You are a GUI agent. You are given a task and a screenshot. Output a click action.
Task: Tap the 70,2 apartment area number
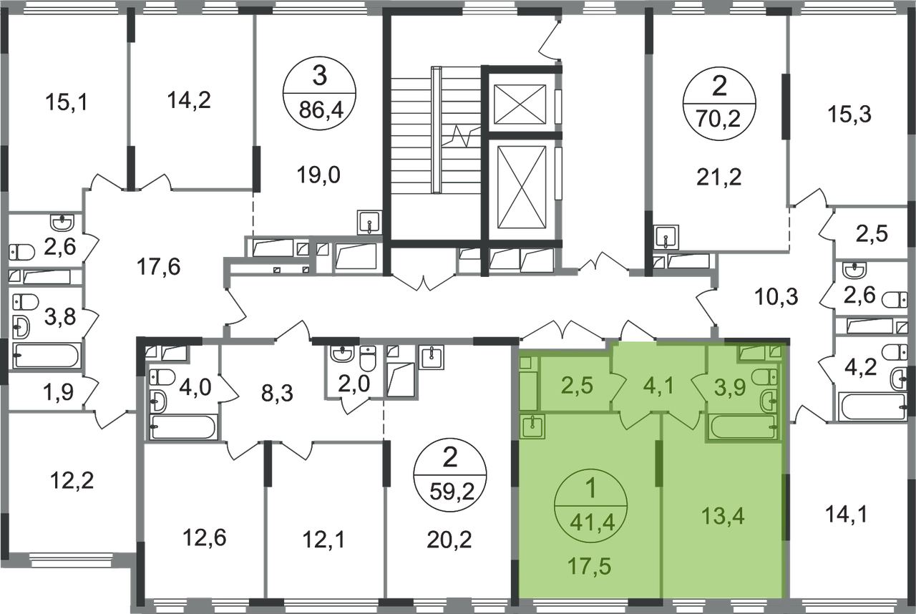pyautogui.click(x=718, y=120)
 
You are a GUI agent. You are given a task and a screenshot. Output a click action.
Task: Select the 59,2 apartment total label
pyautogui.click(x=452, y=492)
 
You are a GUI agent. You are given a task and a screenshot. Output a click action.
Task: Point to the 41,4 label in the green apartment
pyautogui.click(x=592, y=522)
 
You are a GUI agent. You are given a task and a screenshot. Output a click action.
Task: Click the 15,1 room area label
pyautogui.click(x=67, y=102)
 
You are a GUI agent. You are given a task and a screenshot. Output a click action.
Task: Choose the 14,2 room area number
pyautogui.click(x=189, y=101)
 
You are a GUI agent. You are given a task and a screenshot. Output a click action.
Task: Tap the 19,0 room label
pyautogui.click(x=318, y=175)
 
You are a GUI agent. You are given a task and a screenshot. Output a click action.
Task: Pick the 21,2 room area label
pyautogui.click(x=719, y=177)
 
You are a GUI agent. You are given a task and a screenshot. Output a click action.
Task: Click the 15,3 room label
pyautogui.click(x=849, y=114)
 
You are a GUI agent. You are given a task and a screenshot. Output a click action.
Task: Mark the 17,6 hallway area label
pyautogui.click(x=158, y=267)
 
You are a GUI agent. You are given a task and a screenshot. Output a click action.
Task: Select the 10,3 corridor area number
pyautogui.click(x=776, y=297)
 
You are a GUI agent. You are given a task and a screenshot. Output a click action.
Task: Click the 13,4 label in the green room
pyautogui.click(x=723, y=516)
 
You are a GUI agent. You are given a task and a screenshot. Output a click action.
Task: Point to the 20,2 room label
pyautogui.click(x=449, y=540)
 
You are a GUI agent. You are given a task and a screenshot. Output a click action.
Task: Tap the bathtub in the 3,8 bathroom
pyautogui.click(x=47, y=355)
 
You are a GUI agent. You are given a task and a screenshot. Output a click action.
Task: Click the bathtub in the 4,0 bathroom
pyautogui.click(x=183, y=427)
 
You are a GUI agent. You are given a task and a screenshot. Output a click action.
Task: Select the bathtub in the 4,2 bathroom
pyautogui.click(x=872, y=406)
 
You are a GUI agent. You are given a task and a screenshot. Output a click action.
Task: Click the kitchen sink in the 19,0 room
pyautogui.click(x=369, y=223)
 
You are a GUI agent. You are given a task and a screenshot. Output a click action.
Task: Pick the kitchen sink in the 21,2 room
pyautogui.click(x=666, y=237)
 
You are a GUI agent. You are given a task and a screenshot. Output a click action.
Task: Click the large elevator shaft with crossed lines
pyautogui.click(x=522, y=187)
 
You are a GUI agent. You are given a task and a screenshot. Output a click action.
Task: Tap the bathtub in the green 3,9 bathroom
pyautogui.click(x=743, y=427)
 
